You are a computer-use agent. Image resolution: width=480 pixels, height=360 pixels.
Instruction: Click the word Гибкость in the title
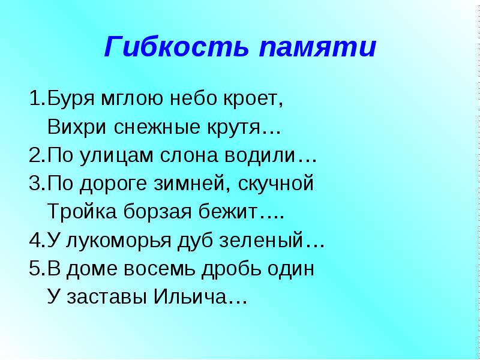(x=176, y=47)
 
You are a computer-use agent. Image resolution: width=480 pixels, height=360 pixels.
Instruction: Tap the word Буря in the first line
(x=71, y=98)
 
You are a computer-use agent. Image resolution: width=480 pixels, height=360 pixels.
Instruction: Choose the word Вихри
(x=77, y=127)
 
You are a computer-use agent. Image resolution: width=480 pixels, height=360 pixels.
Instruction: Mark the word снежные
(x=157, y=127)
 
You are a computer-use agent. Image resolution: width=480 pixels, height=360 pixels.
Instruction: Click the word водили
(x=260, y=155)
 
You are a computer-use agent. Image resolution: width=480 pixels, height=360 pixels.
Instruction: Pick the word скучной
(x=275, y=184)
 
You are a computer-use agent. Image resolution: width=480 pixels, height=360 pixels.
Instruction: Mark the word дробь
(x=231, y=269)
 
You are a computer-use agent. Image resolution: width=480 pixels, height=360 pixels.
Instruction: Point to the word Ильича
(x=190, y=296)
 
